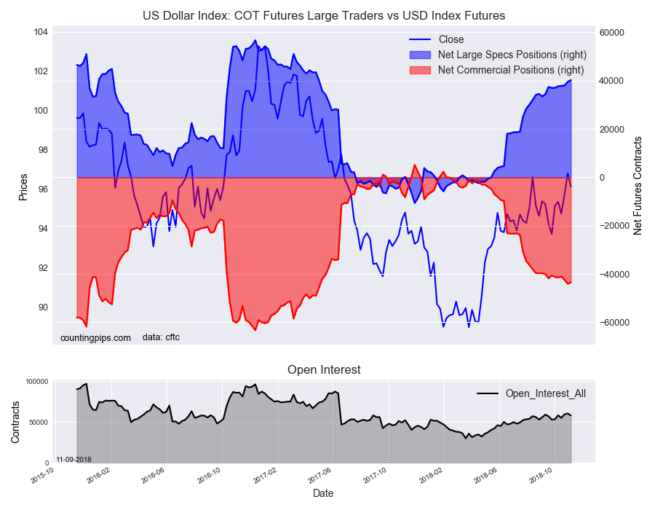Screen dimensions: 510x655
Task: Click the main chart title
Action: tap(324, 15)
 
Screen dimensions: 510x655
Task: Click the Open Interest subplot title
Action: tap(324, 370)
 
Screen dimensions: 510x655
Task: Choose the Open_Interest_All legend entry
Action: tap(545, 393)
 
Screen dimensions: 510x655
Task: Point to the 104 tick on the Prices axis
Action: tap(40, 32)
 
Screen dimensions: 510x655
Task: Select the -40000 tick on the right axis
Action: tap(613, 275)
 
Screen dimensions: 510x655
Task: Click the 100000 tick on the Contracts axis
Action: tap(36, 382)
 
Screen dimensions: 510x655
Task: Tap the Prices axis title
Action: tap(23, 187)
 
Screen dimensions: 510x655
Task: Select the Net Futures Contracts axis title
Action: tap(638, 185)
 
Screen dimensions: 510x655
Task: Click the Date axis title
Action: tap(323, 493)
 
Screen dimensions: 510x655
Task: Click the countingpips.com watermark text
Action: tap(95, 337)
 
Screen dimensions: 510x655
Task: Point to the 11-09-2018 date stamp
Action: tap(74, 460)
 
